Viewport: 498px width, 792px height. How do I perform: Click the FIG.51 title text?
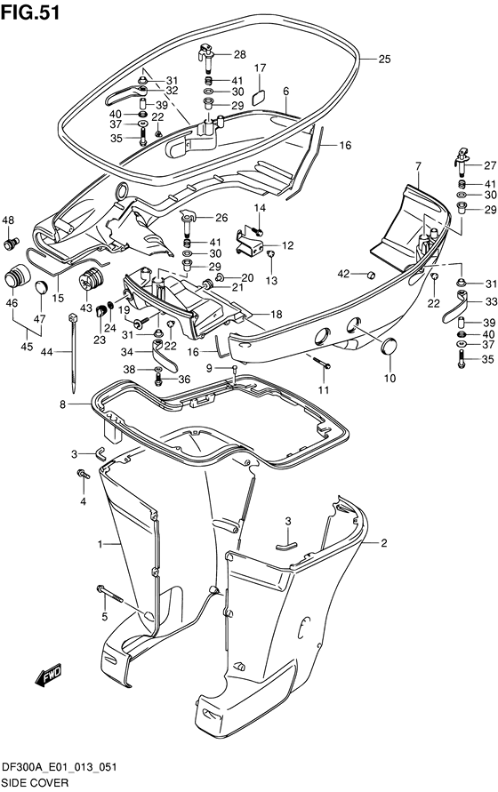click(30, 12)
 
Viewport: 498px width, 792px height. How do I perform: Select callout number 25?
click(384, 59)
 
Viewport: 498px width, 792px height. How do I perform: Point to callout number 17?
click(260, 68)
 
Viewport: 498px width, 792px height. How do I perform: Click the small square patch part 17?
click(259, 97)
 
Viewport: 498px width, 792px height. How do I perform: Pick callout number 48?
click(8, 220)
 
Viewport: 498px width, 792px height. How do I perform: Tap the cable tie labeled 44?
click(72, 352)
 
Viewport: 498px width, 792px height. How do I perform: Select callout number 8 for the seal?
click(62, 404)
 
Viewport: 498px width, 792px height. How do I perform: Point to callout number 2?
click(384, 543)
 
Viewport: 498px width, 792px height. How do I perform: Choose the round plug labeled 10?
click(389, 348)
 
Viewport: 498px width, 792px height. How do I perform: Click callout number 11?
click(324, 389)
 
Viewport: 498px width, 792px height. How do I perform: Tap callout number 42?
click(343, 274)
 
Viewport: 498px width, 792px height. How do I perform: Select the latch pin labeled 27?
click(462, 161)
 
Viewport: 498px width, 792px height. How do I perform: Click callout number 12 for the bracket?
click(287, 245)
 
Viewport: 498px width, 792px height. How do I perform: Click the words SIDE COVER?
click(35, 783)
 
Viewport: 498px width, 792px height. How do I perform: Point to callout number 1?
click(100, 544)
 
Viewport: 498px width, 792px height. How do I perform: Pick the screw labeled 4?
click(82, 474)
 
